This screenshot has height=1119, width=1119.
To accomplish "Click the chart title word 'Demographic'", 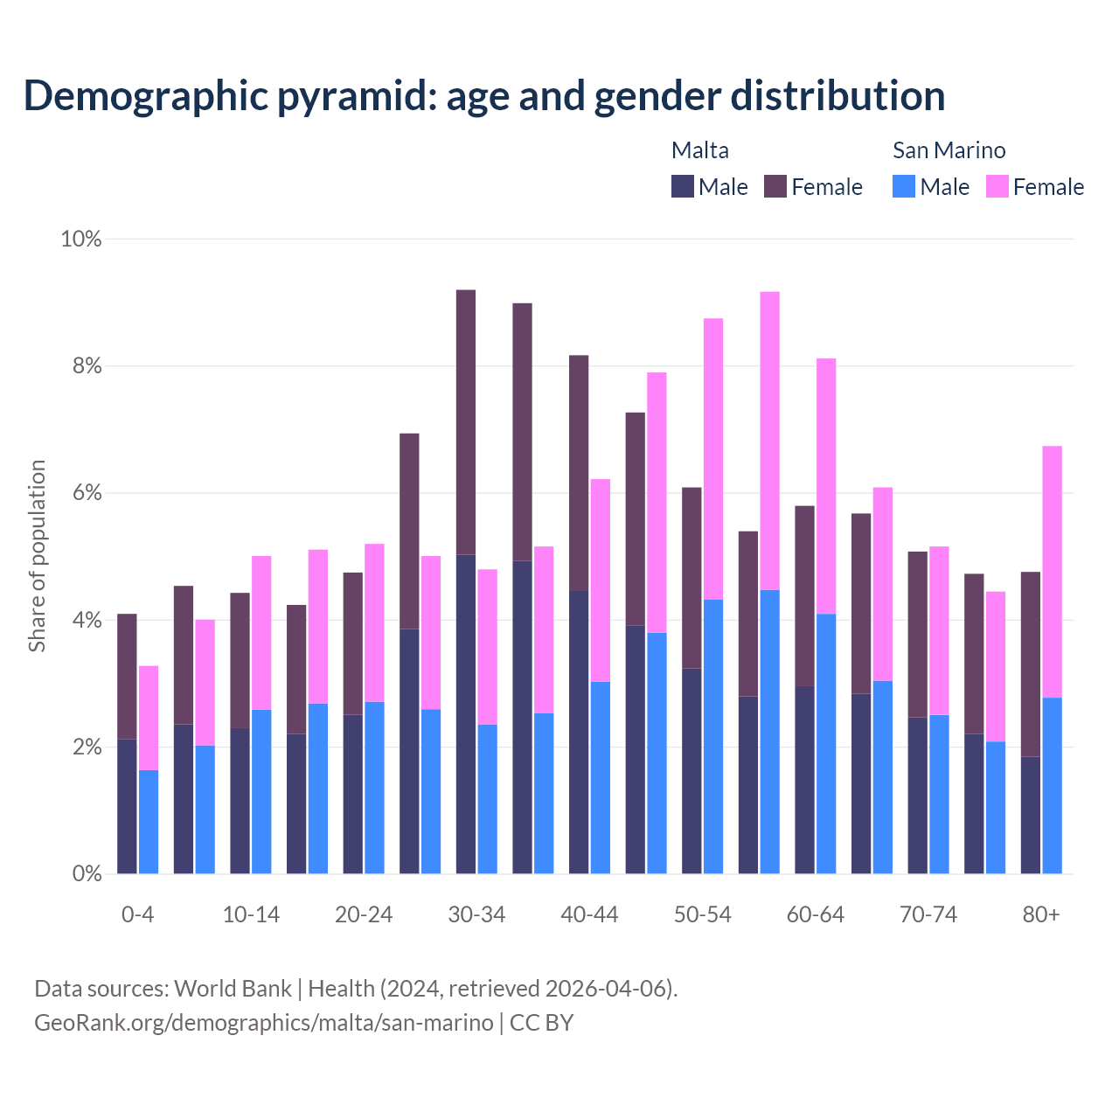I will tap(145, 96).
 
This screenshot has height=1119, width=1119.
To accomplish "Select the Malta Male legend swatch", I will tap(682, 186).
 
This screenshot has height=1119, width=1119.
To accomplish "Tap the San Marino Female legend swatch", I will tap(997, 186).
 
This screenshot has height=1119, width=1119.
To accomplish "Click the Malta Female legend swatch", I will tap(775, 186).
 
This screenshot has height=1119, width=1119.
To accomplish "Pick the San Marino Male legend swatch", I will tap(904, 186).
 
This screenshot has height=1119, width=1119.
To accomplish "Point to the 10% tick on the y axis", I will tap(80, 239).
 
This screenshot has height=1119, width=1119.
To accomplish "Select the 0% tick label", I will tap(87, 874).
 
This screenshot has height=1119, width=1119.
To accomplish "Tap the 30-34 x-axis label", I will tap(476, 915).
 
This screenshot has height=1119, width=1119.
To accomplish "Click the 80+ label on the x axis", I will tap(1041, 915).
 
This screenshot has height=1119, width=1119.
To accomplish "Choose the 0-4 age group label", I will tap(137, 915).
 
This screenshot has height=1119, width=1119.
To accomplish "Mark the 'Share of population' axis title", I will tap(37, 556).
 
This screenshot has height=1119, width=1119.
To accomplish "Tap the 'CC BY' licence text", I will tap(541, 1023).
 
